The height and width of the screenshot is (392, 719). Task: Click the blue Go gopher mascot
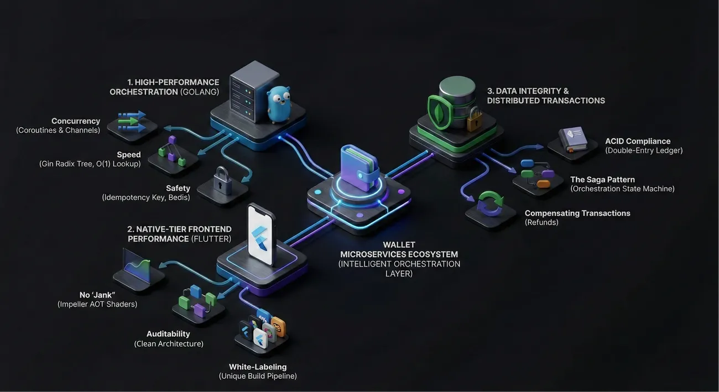pyautogui.click(x=279, y=103)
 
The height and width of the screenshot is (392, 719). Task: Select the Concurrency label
pyautogui.click(x=76, y=121)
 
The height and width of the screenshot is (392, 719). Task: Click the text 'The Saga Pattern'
pyautogui.click(x=602, y=180)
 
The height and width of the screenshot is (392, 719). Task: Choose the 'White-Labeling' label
pyautogui.click(x=258, y=367)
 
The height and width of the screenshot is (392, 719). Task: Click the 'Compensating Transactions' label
pyautogui.click(x=577, y=213)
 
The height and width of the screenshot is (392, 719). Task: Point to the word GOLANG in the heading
pyautogui.click(x=200, y=92)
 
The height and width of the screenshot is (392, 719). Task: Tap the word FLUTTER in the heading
pyautogui.click(x=211, y=239)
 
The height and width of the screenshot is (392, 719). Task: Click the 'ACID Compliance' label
pyautogui.click(x=638, y=141)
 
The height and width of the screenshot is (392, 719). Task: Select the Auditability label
pyautogui.click(x=168, y=334)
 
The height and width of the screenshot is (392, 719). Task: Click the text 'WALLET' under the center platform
pyautogui.click(x=399, y=245)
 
